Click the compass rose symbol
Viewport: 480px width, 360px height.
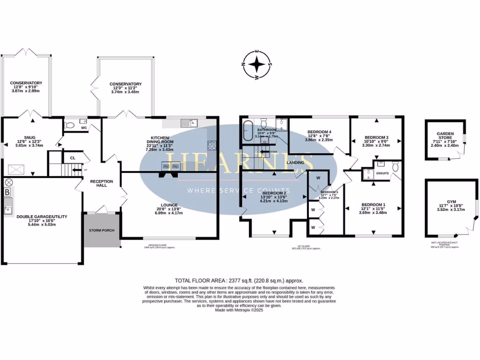coord(257,64)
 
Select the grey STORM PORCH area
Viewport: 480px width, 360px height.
coord(102,230)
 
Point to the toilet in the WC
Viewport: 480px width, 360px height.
coord(69,125)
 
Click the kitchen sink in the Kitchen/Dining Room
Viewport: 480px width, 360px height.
coord(189,123)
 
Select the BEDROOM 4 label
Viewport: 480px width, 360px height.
coord(319,132)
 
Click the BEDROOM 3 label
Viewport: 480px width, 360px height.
coord(377,138)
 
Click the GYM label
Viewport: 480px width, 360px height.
coord(451,201)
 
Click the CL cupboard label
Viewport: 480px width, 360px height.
coord(73,158)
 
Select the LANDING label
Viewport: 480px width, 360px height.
coord(297,163)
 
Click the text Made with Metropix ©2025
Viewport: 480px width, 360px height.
coord(240,310)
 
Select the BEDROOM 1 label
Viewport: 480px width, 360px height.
coord(374,205)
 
